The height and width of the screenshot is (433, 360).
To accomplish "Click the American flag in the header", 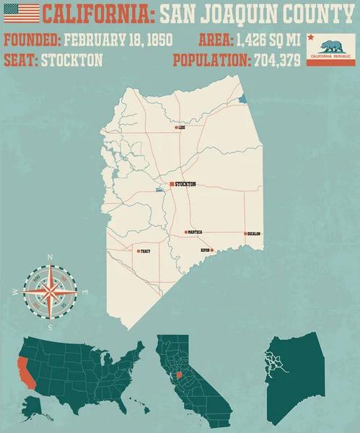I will [21, 12].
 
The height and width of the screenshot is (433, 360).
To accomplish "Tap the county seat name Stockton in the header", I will [70, 61].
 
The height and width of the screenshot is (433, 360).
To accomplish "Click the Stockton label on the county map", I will [185, 184].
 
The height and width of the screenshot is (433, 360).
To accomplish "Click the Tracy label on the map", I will [145, 252].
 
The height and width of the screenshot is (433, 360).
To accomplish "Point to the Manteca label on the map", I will [195, 232].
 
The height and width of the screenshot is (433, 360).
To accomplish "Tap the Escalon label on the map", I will [253, 234].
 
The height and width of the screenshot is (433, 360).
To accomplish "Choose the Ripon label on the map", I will [205, 250].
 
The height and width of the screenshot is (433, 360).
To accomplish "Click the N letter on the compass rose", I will [50, 257].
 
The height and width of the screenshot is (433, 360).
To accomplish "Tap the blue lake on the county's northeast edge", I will [242, 99].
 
